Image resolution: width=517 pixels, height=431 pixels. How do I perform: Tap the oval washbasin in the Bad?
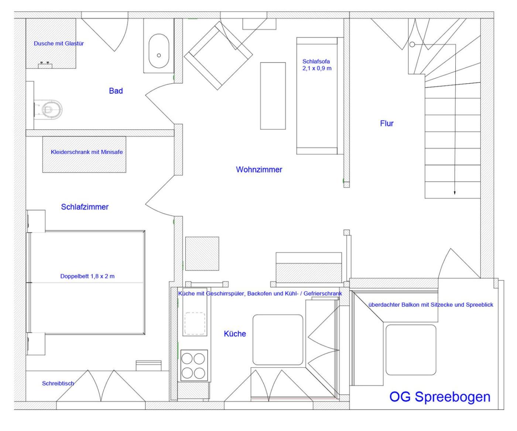pos(159,51)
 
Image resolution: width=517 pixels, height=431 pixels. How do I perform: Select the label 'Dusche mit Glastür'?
pos(59,43)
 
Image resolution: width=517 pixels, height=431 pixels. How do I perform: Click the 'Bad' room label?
pos(116,91)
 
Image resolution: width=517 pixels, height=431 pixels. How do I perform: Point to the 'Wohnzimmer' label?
pos(259,169)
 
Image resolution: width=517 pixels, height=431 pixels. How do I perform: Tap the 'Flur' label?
pos(387,123)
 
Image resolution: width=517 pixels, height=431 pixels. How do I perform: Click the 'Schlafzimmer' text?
pos(85,207)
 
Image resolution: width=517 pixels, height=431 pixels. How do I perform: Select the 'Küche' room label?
pos(235,334)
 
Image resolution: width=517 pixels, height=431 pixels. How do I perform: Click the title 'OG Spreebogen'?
pos(440,397)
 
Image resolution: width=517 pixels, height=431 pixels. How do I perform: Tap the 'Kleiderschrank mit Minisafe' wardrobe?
pos(84,154)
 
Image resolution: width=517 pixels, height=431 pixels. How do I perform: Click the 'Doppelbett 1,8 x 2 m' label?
pos(88,276)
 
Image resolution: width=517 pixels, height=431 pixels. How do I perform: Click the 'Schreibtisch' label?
pos(58,383)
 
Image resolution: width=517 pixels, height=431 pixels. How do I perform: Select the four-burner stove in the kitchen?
pos(194,365)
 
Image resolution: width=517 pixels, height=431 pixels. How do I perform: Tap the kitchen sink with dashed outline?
pos(195,323)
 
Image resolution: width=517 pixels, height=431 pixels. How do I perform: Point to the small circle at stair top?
pos(412,44)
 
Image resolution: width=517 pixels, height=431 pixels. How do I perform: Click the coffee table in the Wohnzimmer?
pos(273,96)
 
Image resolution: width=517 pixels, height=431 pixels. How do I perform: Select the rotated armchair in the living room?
pos(218,55)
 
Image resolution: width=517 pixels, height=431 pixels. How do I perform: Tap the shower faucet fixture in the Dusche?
pos(45,65)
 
